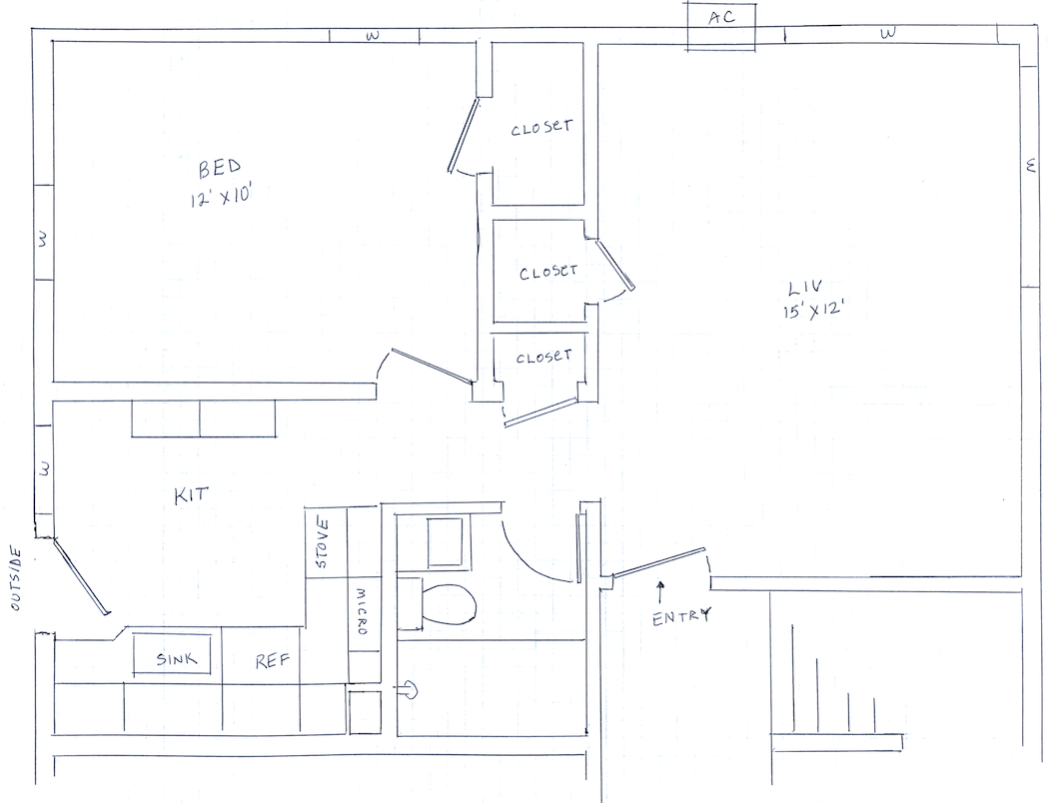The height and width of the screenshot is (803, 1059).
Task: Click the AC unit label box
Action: click(x=720, y=26)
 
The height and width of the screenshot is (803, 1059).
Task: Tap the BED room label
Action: click(x=220, y=168)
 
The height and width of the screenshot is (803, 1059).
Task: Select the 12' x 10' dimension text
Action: click(x=221, y=197)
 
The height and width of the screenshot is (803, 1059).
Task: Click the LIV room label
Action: click(x=805, y=289)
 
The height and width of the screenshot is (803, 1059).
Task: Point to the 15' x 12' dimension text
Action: click(x=815, y=312)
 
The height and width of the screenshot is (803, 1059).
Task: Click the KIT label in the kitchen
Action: click(x=191, y=495)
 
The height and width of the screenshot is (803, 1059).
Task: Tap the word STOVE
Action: click(x=322, y=543)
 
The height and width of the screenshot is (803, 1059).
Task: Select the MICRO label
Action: click(x=362, y=611)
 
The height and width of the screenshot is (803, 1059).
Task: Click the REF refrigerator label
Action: click(x=272, y=660)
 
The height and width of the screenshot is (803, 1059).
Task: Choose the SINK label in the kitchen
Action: click(x=176, y=659)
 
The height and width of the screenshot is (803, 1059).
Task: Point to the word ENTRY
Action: click(x=681, y=617)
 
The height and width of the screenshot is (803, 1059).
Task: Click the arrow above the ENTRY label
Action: click(x=660, y=592)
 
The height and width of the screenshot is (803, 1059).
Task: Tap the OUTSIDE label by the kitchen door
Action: click(x=16, y=580)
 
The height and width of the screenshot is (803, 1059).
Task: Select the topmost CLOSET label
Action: click(x=541, y=128)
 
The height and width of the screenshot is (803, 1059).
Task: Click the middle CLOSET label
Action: click(x=548, y=273)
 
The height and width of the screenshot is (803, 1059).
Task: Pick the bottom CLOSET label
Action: click(x=543, y=357)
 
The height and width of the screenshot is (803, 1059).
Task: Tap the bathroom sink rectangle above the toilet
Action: click(x=445, y=542)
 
